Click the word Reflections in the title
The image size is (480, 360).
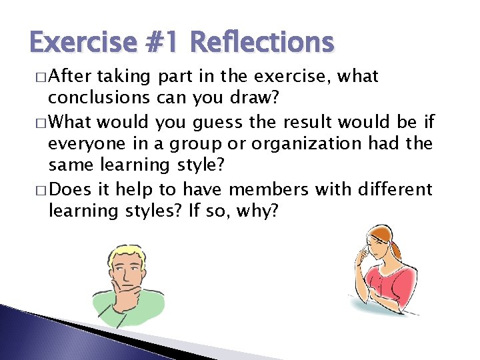pyautogui.click(x=261, y=43)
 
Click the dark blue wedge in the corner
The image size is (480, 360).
pyautogui.click(x=40, y=337)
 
